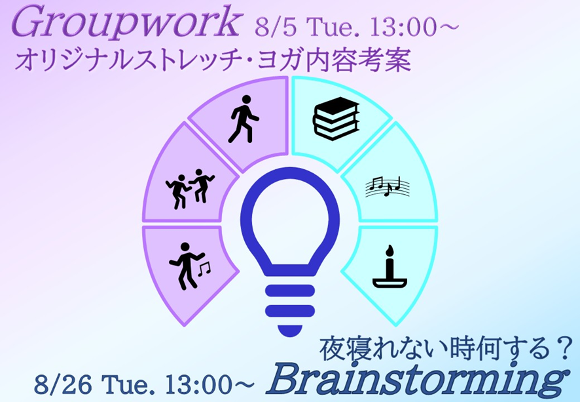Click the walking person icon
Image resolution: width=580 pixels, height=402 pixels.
[x=243, y=119]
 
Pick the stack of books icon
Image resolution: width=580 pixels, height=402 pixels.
[x=336, y=119]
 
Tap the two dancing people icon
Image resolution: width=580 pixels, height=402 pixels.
[x=190, y=189]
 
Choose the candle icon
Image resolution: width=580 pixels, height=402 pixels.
[x=389, y=267]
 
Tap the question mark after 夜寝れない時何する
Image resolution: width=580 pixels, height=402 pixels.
[x=564, y=348]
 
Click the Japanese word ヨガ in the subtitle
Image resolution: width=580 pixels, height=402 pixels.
[x=280, y=60]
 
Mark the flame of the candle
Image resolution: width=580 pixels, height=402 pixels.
[x=389, y=251]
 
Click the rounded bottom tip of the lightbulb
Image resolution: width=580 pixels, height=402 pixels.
[x=290, y=332]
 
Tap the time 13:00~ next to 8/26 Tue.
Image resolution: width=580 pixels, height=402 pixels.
[x=209, y=384]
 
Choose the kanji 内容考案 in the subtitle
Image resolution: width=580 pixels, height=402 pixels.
[x=359, y=60]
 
